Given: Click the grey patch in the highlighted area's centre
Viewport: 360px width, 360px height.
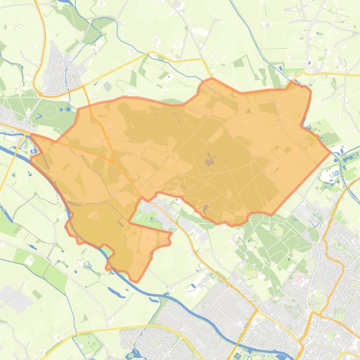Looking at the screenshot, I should coord(209,162).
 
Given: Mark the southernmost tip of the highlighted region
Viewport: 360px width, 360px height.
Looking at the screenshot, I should coord(136,281).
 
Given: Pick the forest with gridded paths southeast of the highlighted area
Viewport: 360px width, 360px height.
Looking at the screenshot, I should coord(276,234).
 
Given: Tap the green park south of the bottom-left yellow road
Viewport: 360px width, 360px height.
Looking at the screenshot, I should coord(92,344).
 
